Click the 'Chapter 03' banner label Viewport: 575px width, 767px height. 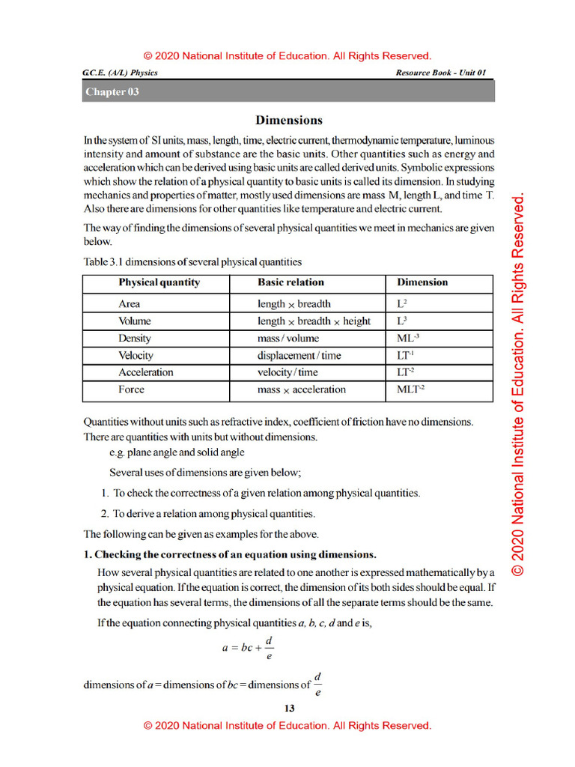pyautogui.click(x=112, y=92)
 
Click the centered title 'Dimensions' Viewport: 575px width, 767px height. pyautogui.click(x=288, y=120)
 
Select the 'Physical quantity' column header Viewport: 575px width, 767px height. pyautogui.click(x=159, y=282)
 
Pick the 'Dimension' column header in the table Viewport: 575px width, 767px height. pyautogui.click(x=422, y=282)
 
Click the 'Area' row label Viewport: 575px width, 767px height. pyautogui.click(x=129, y=303)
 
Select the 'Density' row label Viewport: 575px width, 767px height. pyautogui.click(x=134, y=338)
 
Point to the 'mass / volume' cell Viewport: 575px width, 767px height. pyautogui.click(x=287, y=338)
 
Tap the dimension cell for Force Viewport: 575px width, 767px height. pyautogui.click(x=411, y=389)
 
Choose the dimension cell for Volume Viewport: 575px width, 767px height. pyautogui.click(x=402, y=321)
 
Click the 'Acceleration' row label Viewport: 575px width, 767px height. pyautogui.click(x=145, y=372)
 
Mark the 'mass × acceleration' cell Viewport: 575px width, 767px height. pyautogui.click(x=301, y=389)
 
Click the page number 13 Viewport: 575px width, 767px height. pyautogui.click(x=289, y=709)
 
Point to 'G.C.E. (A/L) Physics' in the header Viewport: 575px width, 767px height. pyautogui.click(x=120, y=73)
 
